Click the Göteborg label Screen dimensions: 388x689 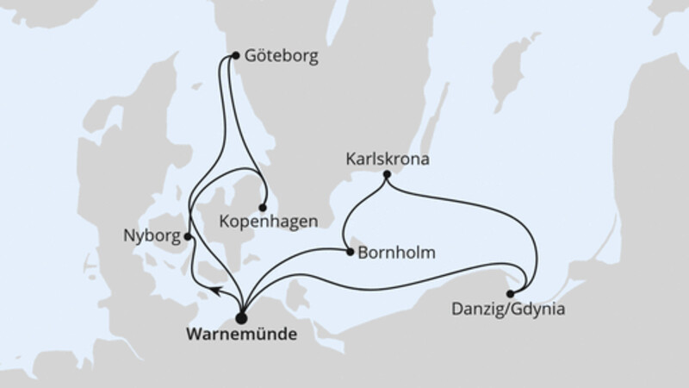pyautogui.click(x=281, y=57)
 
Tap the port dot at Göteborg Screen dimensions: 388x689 pyautogui.click(x=234, y=56)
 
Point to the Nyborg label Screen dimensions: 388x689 pyautogui.click(x=152, y=235)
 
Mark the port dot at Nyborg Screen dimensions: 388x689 pyautogui.click(x=188, y=235)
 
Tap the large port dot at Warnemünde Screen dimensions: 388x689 pyautogui.click(x=240, y=315)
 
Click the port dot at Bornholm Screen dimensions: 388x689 pyautogui.click(x=350, y=253)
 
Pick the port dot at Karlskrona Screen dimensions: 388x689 pyautogui.click(x=387, y=175)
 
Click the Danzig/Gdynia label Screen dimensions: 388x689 pyautogui.click(x=507, y=307)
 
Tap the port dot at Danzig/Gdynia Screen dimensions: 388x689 pyautogui.click(x=511, y=293)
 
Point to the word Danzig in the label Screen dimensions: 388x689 pyautogui.click(x=475, y=307)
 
